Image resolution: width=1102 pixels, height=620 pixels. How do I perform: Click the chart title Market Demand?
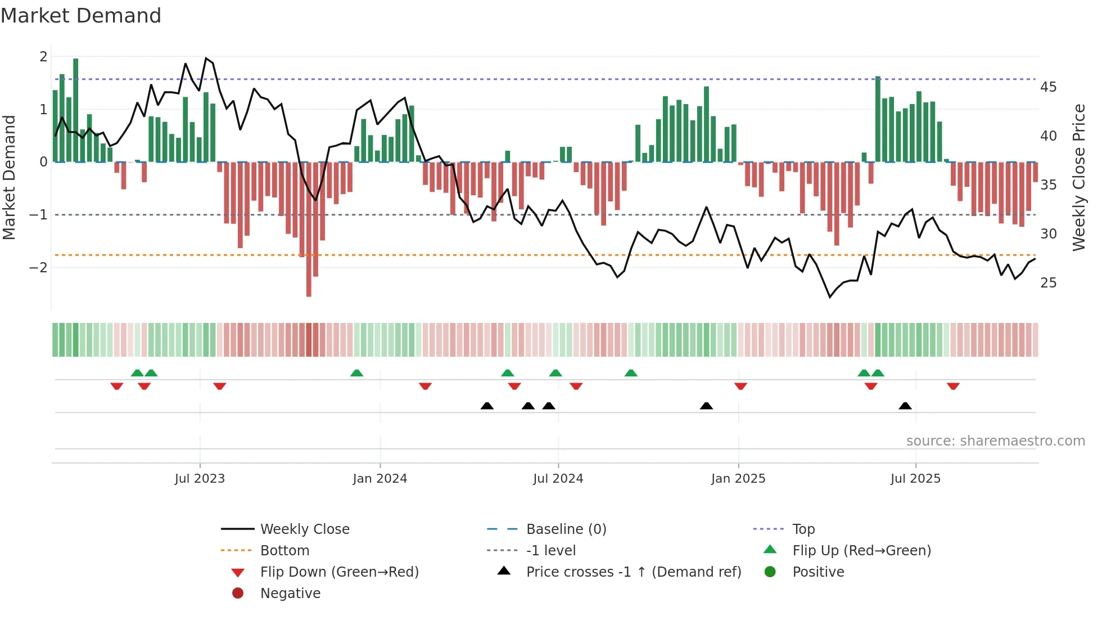pyautogui.click(x=81, y=16)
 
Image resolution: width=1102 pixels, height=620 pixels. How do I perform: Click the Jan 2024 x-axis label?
pyautogui.click(x=380, y=479)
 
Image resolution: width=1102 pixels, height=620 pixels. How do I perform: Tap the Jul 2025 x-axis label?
pyautogui.click(x=915, y=479)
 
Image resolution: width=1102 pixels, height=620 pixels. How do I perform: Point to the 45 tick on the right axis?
pyautogui.click(x=1048, y=87)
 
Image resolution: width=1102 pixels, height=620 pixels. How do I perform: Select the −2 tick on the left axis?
pyautogui.click(x=38, y=268)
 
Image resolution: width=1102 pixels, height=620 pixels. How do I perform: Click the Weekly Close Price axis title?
pyautogui.click(x=1078, y=177)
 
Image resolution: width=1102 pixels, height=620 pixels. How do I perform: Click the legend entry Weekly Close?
pyautogui.click(x=304, y=529)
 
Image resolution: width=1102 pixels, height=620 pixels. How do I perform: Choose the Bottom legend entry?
pyautogui.click(x=284, y=551)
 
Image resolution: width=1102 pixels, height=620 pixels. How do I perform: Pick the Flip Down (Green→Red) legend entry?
pyautogui.click(x=339, y=572)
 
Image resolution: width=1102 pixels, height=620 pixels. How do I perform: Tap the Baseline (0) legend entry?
pyautogui.click(x=566, y=529)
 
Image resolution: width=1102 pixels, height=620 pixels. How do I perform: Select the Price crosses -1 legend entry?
pyautogui.click(x=633, y=572)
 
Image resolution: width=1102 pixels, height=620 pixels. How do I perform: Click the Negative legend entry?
pyautogui.click(x=290, y=594)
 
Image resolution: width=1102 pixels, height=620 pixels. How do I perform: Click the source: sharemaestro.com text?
pyautogui.click(x=995, y=441)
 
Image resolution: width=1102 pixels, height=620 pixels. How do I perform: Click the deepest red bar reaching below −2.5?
pyautogui.click(x=309, y=281)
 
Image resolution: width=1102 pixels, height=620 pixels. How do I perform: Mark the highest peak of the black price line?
pyautogui.click(x=206, y=58)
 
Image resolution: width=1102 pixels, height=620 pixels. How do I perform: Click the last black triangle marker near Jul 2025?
pyautogui.click(x=905, y=406)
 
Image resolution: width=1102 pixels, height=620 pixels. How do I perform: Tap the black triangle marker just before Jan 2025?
pyautogui.click(x=706, y=406)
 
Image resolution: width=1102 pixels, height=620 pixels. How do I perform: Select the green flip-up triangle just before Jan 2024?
pyautogui.click(x=356, y=373)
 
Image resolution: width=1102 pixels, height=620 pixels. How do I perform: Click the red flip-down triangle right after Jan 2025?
pyautogui.click(x=740, y=386)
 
